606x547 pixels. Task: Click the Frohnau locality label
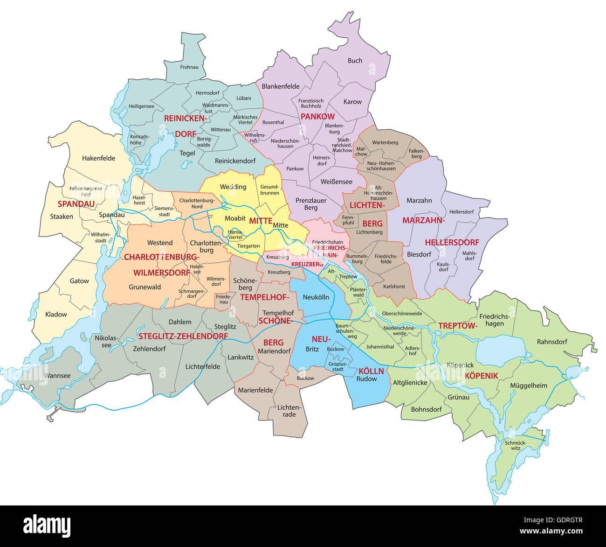tap(189, 67)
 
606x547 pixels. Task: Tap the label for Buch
tap(355, 60)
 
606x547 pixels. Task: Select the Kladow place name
tap(56, 314)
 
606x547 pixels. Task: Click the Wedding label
tap(233, 187)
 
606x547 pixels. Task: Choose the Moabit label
tap(235, 218)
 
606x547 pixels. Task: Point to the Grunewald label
tap(145, 287)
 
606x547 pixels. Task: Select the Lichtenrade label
tap(289, 411)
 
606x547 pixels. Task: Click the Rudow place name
tap(366, 379)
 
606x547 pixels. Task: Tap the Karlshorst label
tap(394, 287)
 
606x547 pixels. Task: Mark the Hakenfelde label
tap(98, 158)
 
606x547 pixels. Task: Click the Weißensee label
tap(337, 182)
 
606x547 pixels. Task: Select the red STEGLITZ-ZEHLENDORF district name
tap(183, 336)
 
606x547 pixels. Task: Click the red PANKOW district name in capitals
tap(317, 116)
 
